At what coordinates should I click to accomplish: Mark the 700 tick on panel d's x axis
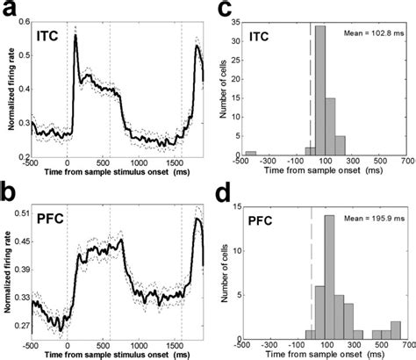click(405, 343)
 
